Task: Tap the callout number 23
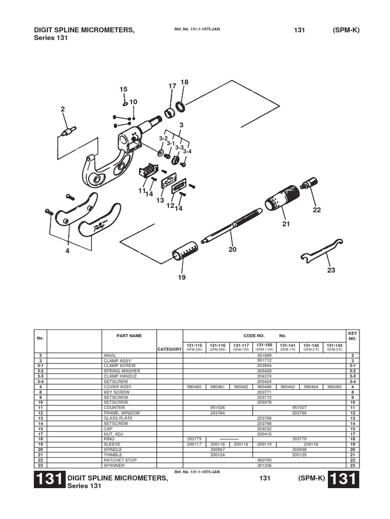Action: tap(331, 270)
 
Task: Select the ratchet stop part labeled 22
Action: tap(309, 182)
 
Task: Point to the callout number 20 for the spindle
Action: tap(233, 249)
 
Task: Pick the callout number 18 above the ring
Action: tap(184, 83)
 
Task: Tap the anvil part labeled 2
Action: tap(68, 131)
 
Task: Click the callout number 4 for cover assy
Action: tap(67, 250)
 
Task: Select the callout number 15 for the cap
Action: tap(123, 89)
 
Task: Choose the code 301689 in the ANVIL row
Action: tap(264, 356)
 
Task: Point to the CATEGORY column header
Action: tap(170, 349)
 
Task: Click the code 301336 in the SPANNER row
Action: tap(264, 465)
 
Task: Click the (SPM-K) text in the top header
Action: tap(346, 30)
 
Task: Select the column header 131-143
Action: tap(334, 345)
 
